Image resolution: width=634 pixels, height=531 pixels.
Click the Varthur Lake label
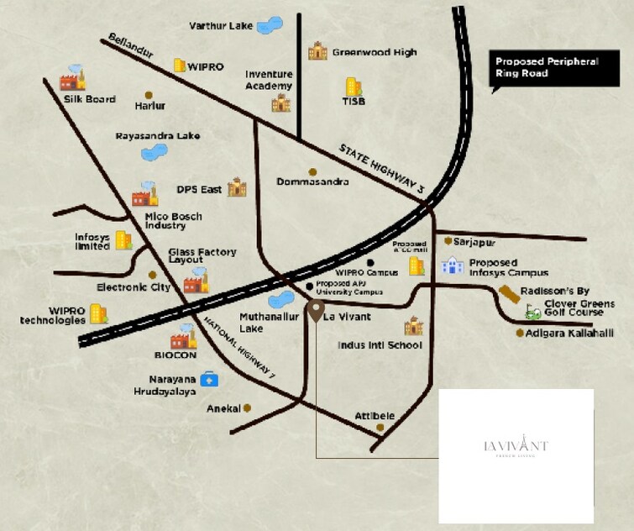pos(222,25)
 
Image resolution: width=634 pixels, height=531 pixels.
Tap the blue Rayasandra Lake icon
pos(154,152)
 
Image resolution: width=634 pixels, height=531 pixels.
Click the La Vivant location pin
pos(314,310)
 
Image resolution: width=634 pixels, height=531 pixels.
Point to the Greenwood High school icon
pos(317,51)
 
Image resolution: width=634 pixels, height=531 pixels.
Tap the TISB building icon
pos(354,86)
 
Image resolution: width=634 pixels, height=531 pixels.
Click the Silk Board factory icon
pos(73,78)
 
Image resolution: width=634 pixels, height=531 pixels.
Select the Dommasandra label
pos(312,181)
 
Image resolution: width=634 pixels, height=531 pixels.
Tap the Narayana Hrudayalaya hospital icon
pos(207,380)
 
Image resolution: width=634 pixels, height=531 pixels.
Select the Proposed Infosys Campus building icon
pos(452,266)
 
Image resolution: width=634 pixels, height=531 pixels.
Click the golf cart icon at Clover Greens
pos(532,313)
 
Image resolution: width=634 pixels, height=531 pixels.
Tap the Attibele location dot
pos(380,428)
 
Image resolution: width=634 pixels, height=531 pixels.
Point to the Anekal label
pos(223,409)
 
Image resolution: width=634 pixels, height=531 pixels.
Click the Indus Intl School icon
pos(413,327)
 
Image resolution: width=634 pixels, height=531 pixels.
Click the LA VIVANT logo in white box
pos(516,446)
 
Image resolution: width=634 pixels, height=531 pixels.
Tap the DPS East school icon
pos(237,187)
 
